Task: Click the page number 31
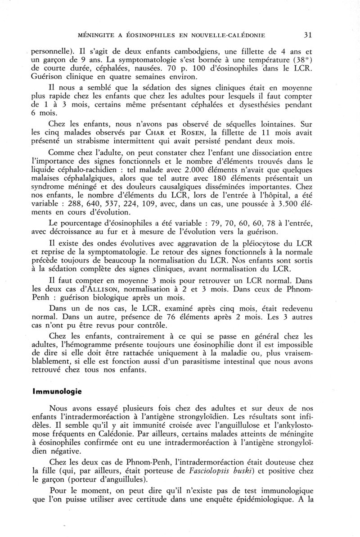[308, 34]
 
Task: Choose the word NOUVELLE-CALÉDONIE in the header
[226, 34]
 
